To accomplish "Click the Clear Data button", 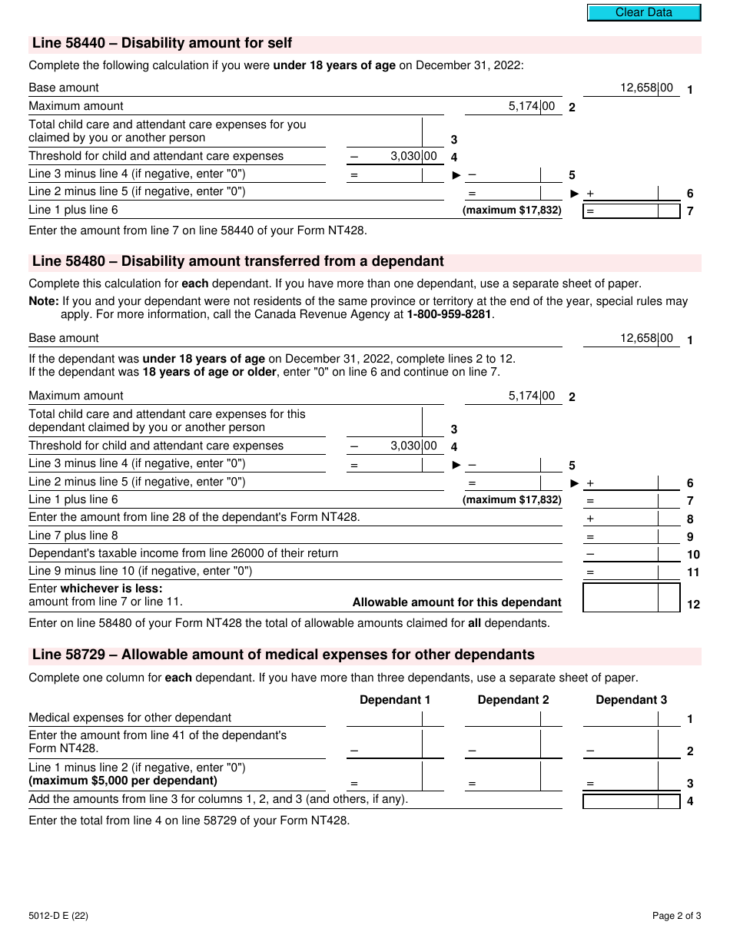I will coord(644,12).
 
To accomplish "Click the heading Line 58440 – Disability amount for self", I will coord(161,44).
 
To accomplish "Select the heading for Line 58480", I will coord(237,262).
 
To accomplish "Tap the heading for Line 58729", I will coord(283,655).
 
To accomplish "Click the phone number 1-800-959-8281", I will coord(449,314).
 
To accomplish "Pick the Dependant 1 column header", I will coord(395,700).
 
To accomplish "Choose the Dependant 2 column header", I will coord(513,700).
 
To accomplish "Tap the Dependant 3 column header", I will coord(631,700).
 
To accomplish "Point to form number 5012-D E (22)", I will coord(63,915).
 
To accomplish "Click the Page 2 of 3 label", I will coord(676,915).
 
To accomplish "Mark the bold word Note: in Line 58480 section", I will coord(44,302).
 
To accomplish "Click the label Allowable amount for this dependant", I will coord(456,603).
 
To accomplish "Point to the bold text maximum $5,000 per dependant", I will coord(123,781).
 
